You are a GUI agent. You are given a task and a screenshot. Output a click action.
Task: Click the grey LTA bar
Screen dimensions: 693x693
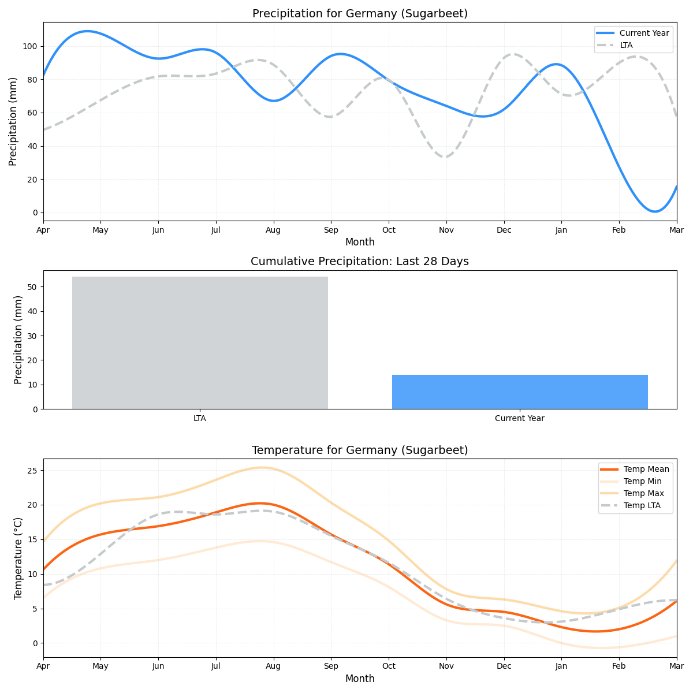tap(200, 342)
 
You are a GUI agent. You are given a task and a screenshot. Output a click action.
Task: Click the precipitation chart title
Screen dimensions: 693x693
tap(360, 14)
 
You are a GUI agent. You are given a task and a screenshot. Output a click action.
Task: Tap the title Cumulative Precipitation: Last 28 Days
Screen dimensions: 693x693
tap(360, 262)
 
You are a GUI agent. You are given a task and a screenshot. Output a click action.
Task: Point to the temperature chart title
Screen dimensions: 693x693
tap(360, 450)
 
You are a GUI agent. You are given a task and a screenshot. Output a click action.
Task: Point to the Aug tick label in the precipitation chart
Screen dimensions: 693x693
tap(273, 230)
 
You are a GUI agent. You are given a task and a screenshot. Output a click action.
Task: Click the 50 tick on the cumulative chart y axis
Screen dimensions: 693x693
tap(32, 287)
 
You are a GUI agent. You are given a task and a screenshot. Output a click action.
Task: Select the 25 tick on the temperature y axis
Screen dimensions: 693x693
tap(32, 471)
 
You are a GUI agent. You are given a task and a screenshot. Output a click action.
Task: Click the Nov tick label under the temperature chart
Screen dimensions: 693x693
tap(446, 666)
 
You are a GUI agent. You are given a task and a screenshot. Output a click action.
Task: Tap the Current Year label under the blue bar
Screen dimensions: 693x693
tap(520, 418)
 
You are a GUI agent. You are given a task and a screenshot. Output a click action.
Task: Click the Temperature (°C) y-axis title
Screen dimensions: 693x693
tap(18, 558)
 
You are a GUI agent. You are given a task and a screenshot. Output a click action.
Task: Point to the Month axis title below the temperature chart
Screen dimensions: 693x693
tap(360, 679)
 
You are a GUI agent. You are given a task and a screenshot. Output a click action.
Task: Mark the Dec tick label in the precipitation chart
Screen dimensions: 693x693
tap(504, 230)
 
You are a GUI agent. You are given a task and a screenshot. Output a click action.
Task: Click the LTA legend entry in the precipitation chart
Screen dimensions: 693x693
tap(626, 45)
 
